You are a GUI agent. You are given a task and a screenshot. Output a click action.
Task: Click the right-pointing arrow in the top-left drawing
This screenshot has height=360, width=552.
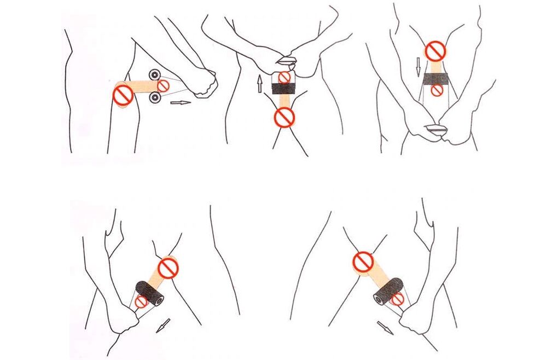pos(181,102)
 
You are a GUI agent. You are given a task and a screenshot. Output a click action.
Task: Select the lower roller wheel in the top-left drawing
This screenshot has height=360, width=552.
pos(154,98)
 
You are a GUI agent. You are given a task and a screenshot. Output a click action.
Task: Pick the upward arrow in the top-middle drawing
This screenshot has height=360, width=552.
pos(260,84)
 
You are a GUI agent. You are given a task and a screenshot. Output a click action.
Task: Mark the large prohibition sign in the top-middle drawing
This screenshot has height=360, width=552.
pos(284,117)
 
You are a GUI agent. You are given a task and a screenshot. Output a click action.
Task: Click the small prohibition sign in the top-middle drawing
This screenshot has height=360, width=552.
pos(284,77)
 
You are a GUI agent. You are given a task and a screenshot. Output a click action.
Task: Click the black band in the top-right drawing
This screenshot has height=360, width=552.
pos(436,79)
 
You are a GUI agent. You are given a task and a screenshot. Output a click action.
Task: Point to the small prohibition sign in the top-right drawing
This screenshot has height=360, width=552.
pos(436,91)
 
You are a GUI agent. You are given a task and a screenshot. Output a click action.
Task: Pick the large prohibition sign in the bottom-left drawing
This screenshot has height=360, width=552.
pos(168,268)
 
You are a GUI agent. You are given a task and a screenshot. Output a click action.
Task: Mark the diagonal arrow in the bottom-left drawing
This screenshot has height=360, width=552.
pos(163,326)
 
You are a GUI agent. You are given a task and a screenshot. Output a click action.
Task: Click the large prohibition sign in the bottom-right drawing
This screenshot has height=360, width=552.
pos(363,262)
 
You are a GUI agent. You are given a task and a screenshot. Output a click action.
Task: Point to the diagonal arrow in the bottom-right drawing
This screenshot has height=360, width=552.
pos(385,328)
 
